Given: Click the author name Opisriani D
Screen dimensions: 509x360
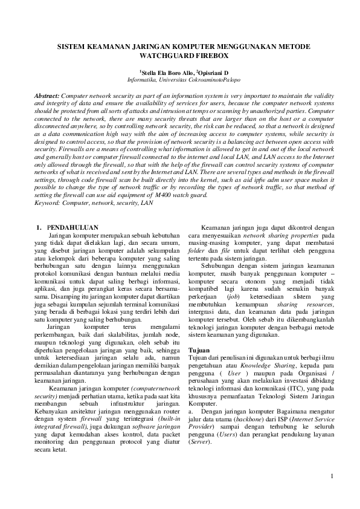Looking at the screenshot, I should [220, 71].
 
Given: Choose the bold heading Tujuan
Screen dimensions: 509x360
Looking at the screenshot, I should [199, 350].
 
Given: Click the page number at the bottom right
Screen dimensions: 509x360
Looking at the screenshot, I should [332, 476].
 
